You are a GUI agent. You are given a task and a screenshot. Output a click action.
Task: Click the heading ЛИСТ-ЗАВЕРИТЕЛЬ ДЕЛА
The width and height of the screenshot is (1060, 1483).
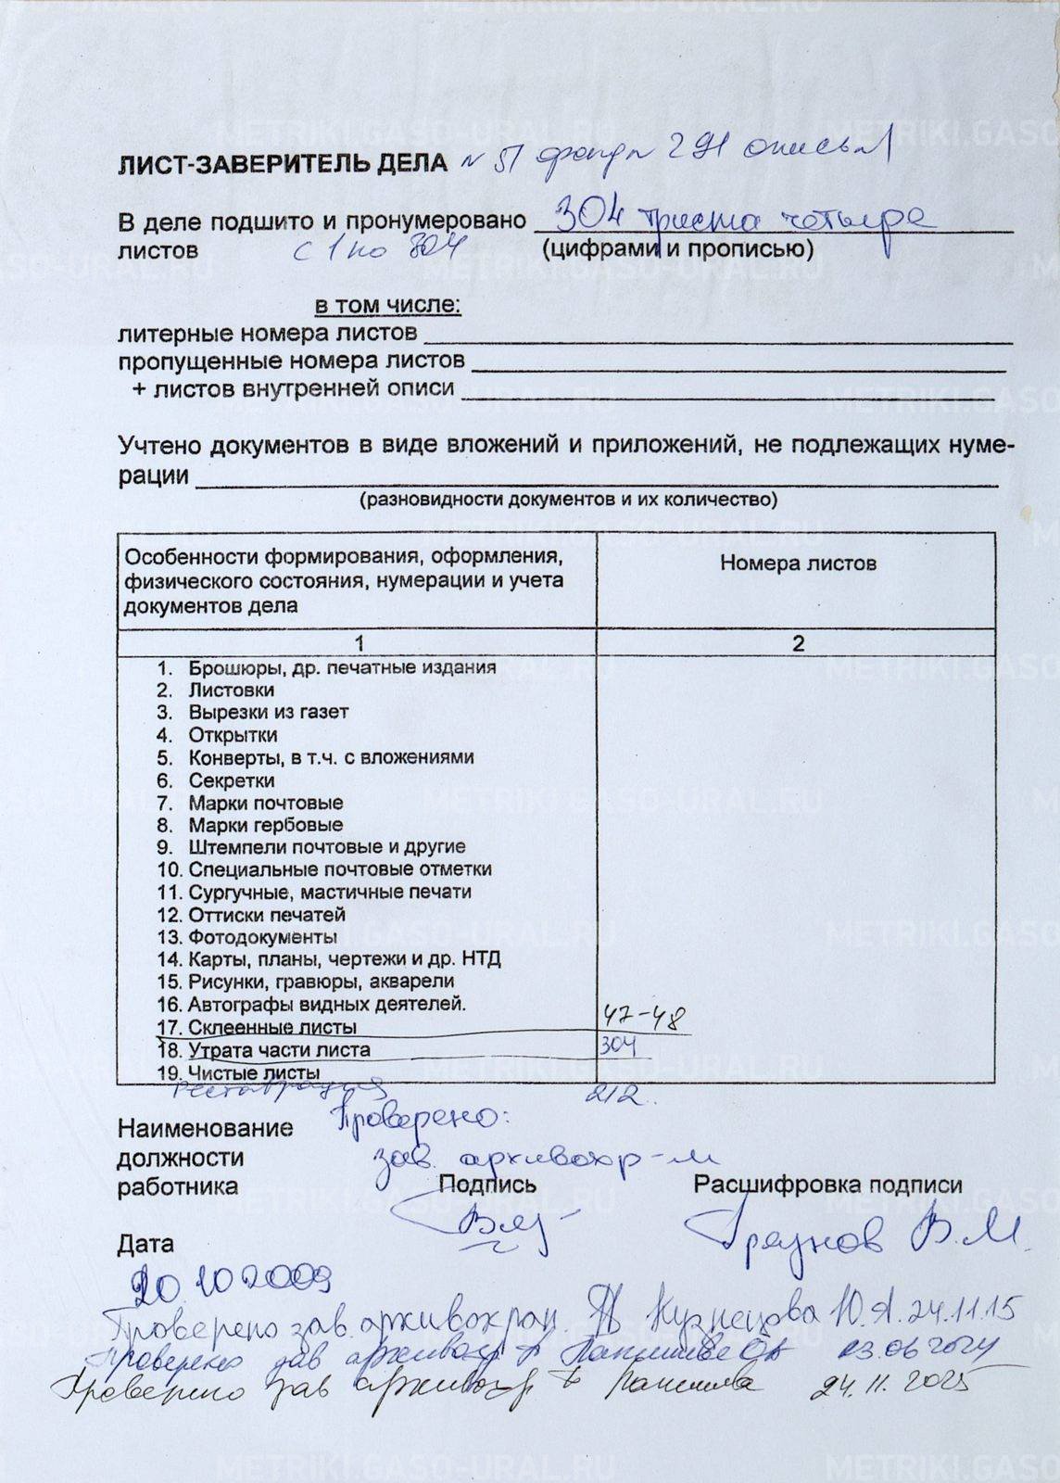coord(284,165)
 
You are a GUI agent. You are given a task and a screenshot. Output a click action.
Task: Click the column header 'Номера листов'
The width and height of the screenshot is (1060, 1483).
coord(798,563)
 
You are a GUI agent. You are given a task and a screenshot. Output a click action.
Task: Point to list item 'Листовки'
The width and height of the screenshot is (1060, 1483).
coord(231,691)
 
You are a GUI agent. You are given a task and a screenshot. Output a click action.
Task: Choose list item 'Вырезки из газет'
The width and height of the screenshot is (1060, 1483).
coord(268,713)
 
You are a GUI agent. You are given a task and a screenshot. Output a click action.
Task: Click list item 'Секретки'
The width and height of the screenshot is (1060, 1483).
coord(232,780)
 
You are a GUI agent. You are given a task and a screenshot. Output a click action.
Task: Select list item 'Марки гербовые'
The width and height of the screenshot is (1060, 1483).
coord(265,825)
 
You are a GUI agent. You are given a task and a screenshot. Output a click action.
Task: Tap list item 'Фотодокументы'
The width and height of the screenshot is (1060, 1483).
coord(262,937)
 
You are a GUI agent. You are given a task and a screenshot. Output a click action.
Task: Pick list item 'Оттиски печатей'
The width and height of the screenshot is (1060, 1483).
coord(267,915)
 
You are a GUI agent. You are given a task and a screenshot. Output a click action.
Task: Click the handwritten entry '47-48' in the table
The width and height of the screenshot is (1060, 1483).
coord(644,1018)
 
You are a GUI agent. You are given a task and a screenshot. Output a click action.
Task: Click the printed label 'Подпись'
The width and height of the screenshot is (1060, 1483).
coord(487,1184)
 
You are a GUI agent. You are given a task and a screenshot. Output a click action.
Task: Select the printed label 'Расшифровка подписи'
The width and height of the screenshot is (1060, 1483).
coord(827,1185)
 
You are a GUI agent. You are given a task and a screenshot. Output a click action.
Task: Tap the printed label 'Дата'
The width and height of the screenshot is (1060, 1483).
coord(145,1244)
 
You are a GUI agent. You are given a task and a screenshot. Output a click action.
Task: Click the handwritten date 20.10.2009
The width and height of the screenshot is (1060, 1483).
coord(231,1283)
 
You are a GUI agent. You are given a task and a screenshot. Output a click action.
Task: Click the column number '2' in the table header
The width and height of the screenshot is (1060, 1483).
coord(798,643)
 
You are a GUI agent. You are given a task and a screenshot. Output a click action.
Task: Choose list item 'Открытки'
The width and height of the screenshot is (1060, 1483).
coord(233,735)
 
